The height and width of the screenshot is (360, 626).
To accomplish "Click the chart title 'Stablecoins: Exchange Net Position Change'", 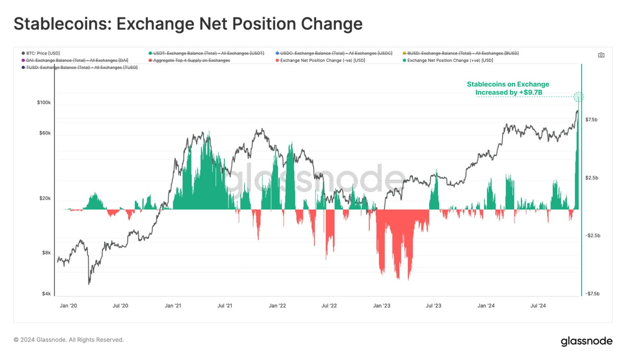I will click(188, 24).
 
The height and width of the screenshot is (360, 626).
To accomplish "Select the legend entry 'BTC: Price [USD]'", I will click(41, 53).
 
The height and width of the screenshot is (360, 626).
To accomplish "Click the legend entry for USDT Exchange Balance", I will click(206, 53).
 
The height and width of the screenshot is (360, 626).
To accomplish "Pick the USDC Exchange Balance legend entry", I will click(334, 53).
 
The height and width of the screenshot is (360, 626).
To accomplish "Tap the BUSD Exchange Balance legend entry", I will click(461, 53).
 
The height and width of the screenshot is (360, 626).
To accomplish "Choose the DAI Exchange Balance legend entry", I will click(75, 60).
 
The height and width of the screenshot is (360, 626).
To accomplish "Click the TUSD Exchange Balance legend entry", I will click(79, 68).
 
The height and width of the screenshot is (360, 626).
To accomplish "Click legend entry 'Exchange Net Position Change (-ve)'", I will click(320, 60).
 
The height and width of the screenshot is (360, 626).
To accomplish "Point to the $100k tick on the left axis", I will click(44, 103).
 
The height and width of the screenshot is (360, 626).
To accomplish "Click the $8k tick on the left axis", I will click(46, 253).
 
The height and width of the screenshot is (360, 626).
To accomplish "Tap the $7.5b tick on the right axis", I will click(591, 120).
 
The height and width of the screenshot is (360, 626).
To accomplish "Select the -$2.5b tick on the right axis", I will click(593, 236).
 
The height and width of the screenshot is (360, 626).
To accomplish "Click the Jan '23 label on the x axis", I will click(382, 306).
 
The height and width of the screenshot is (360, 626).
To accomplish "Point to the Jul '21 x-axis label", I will click(225, 306).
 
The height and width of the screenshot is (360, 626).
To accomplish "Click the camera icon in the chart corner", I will click(601, 55).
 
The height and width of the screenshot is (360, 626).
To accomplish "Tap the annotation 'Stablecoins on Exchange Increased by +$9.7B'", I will click(508, 88).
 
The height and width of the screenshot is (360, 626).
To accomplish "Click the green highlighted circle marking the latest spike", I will click(579, 97).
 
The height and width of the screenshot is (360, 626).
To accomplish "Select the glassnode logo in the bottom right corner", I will click(586, 341).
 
